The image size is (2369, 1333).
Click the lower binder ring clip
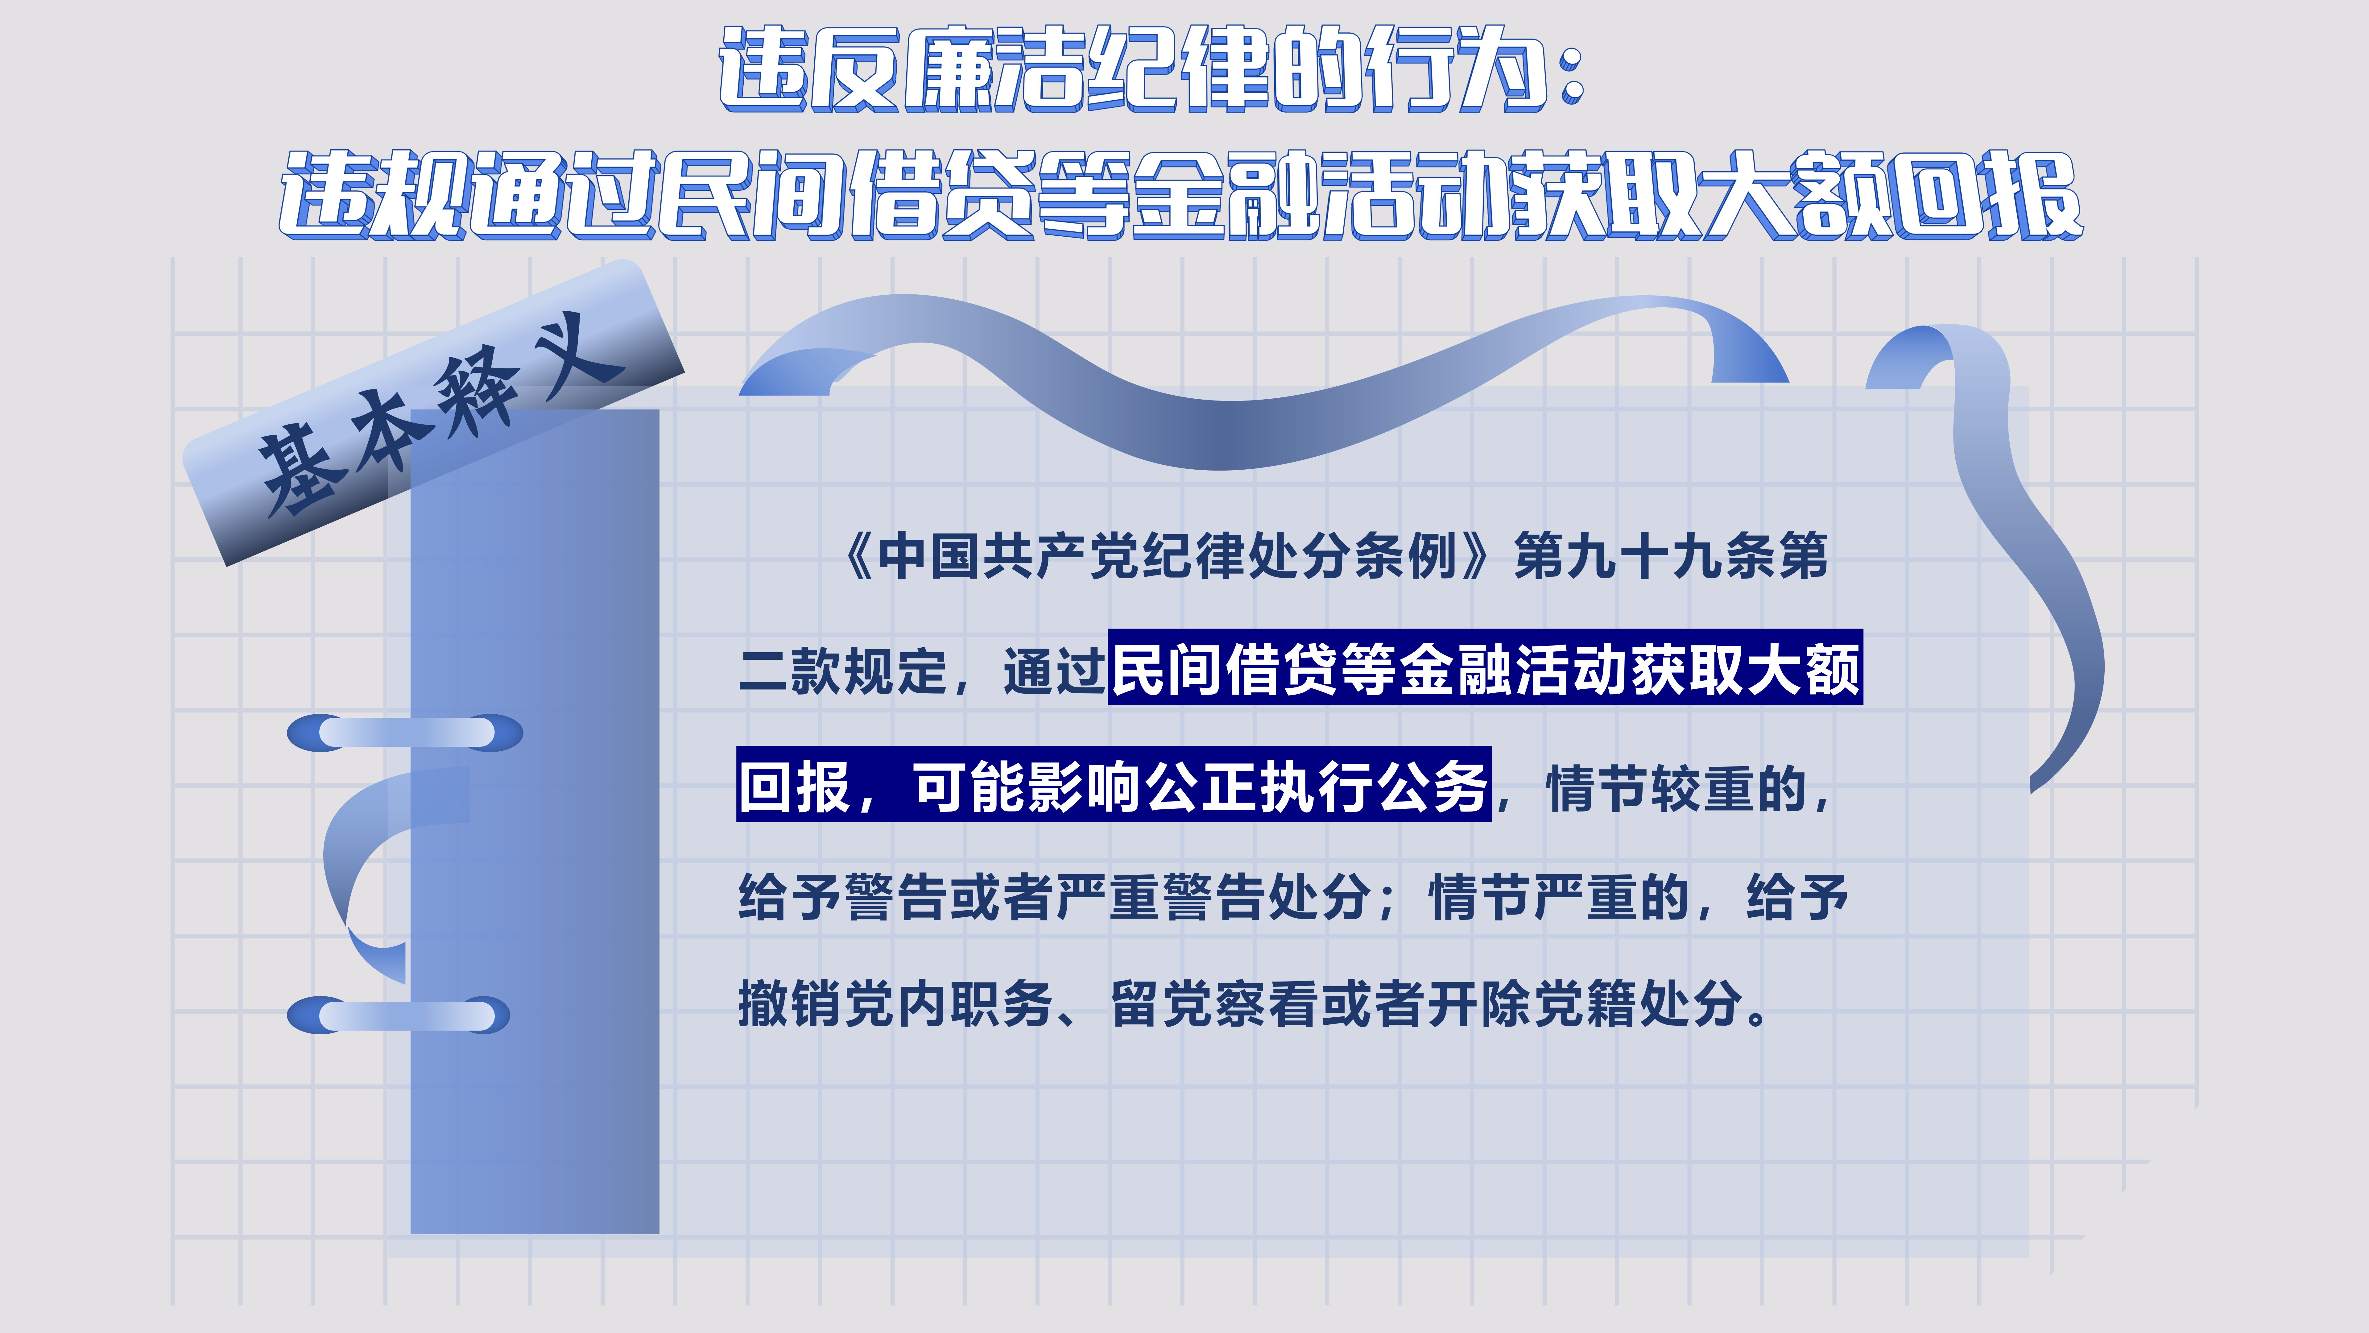[x=398, y=1015]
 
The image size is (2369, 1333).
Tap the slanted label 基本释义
[x=432, y=414]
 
